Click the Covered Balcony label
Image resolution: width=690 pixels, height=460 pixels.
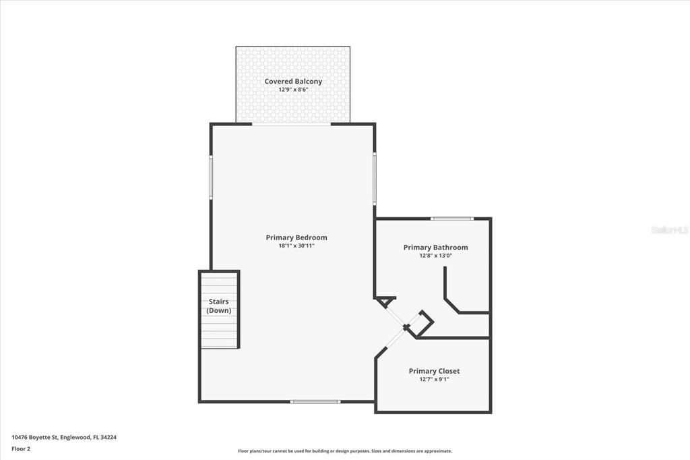pos(293,82)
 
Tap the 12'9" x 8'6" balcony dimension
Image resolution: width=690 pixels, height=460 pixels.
pos(293,90)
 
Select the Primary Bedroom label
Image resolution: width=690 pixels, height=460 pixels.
pos(296,237)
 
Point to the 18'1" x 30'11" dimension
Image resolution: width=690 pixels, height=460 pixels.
pos(296,246)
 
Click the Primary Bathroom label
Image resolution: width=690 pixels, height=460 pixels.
pos(435,248)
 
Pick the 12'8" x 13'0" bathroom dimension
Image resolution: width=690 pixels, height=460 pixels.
pos(435,256)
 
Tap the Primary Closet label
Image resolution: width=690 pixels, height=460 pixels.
pos(434,371)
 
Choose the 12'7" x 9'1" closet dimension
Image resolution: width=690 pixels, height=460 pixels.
pos(434,379)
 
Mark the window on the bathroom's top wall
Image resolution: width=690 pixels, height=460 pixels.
pos(452,219)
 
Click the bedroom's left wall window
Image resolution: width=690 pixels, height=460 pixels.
pos(211,177)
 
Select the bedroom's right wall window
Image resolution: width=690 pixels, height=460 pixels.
pos(375,179)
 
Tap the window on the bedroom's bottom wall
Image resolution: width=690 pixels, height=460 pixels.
pos(315,402)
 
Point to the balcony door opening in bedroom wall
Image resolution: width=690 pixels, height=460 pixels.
pos(292,124)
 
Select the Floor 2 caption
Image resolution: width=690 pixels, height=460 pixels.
pos(21,448)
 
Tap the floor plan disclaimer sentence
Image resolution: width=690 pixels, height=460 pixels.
pos(344,451)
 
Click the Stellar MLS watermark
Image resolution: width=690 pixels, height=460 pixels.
pos(669,230)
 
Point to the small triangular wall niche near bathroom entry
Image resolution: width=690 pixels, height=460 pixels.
pos(385,301)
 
